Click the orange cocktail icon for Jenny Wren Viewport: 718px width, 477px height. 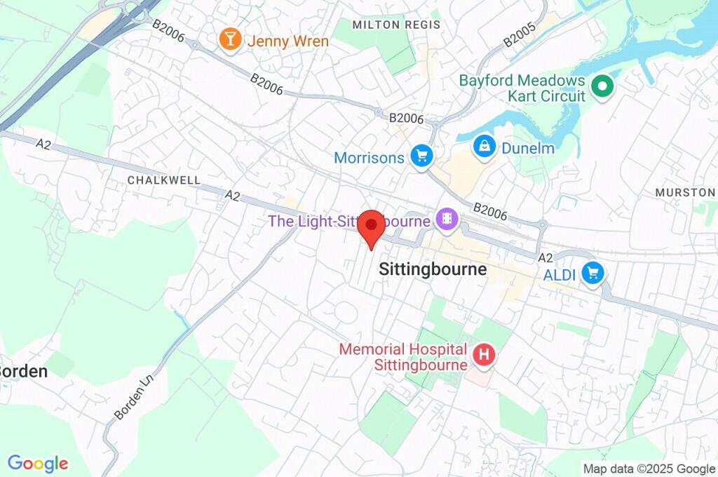pyautogui.click(x=229, y=40)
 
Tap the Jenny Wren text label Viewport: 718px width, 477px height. pyautogui.click(x=287, y=41)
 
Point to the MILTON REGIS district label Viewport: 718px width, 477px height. pyautogui.click(x=397, y=25)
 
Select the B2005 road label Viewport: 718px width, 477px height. pyautogui.click(x=520, y=36)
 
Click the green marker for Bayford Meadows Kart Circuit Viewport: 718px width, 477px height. pyautogui.click(x=602, y=88)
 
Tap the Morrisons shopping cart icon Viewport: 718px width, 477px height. pyautogui.click(x=421, y=156)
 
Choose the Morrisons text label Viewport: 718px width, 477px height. pyautogui.click(x=370, y=158)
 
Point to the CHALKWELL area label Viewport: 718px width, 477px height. pyautogui.click(x=154, y=180)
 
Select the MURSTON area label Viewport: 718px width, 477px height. pyautogui.click(x=685, y=192)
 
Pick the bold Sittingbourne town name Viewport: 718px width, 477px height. pyautogui.click(x=433, y=269)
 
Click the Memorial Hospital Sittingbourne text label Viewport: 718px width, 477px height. pyautogui.click(x=402, y=357)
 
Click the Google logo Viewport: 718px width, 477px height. pyautogui.click(x=38, y=464)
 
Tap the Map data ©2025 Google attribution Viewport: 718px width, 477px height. pyautogui.click(x=649, y=469)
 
